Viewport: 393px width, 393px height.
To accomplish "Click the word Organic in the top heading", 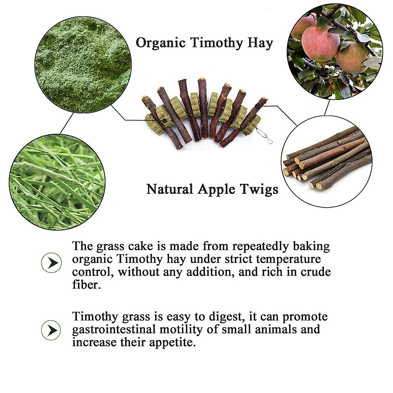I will tap(161, 43).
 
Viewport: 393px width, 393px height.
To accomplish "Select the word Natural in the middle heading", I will tap(170, 189).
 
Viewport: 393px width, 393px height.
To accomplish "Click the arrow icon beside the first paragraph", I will tap(51, 263).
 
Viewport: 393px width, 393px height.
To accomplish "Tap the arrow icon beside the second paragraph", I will tap(51, 330).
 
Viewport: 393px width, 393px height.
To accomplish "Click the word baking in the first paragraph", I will tap(311, 246).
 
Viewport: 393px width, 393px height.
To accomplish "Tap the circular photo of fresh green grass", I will tap(57, 181).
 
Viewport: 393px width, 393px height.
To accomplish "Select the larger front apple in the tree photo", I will tap(320, 43).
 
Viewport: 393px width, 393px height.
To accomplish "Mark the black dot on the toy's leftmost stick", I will tap(164, 121).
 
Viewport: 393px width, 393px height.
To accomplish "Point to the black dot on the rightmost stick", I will tap(257, 106).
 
